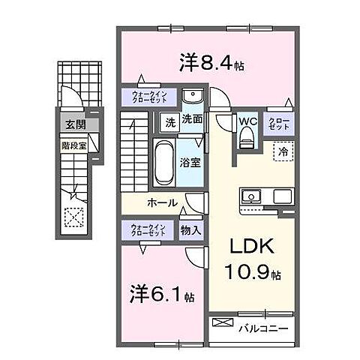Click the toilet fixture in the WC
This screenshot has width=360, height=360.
click(244, 138)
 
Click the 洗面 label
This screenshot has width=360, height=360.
click(192, 118)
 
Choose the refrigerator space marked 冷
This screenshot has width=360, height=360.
click(282, 150)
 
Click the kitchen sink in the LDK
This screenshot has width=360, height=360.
click(251, 197)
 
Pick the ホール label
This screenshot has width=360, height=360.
click(162, 202)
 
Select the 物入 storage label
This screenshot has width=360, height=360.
click(190, 231)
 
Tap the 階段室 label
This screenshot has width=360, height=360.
click(73, 148)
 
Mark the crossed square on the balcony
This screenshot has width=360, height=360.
click(223, 324)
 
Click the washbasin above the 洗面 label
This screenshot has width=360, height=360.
click(192, 99)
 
